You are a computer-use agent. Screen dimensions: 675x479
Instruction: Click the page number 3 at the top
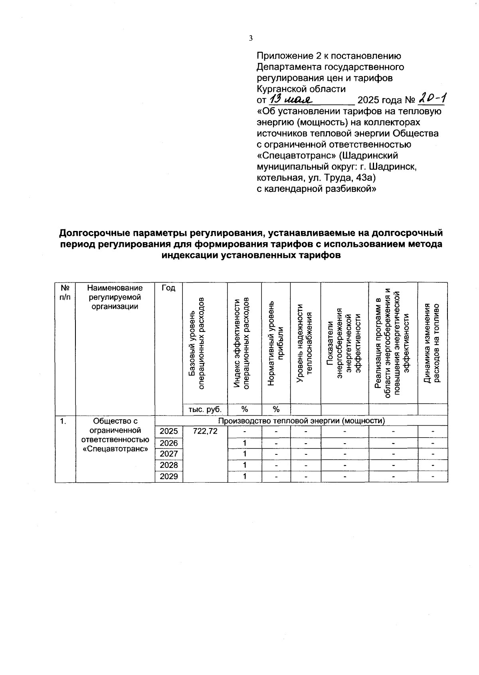click(x=251, y=38)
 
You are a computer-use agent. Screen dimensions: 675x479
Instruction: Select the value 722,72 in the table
click(x=205, y=431)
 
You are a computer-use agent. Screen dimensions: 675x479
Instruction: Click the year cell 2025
click(x=168, y=431)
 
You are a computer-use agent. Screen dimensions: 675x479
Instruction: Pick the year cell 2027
click(x=168, y=454)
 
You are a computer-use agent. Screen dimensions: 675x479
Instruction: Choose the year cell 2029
click(x=168, y=476)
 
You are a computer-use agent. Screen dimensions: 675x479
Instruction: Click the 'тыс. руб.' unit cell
click(x=205, y=409)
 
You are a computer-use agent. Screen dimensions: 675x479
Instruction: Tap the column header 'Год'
click(x=168, y=288)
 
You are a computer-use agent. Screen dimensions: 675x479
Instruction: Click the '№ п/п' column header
click(x=65, y=292)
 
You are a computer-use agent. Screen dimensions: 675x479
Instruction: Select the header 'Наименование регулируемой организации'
click(x=115, y=297)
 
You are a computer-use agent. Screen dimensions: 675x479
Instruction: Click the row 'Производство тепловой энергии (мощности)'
click(x=301, y=420)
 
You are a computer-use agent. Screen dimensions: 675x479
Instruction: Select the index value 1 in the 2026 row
click(x=244, y=443)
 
